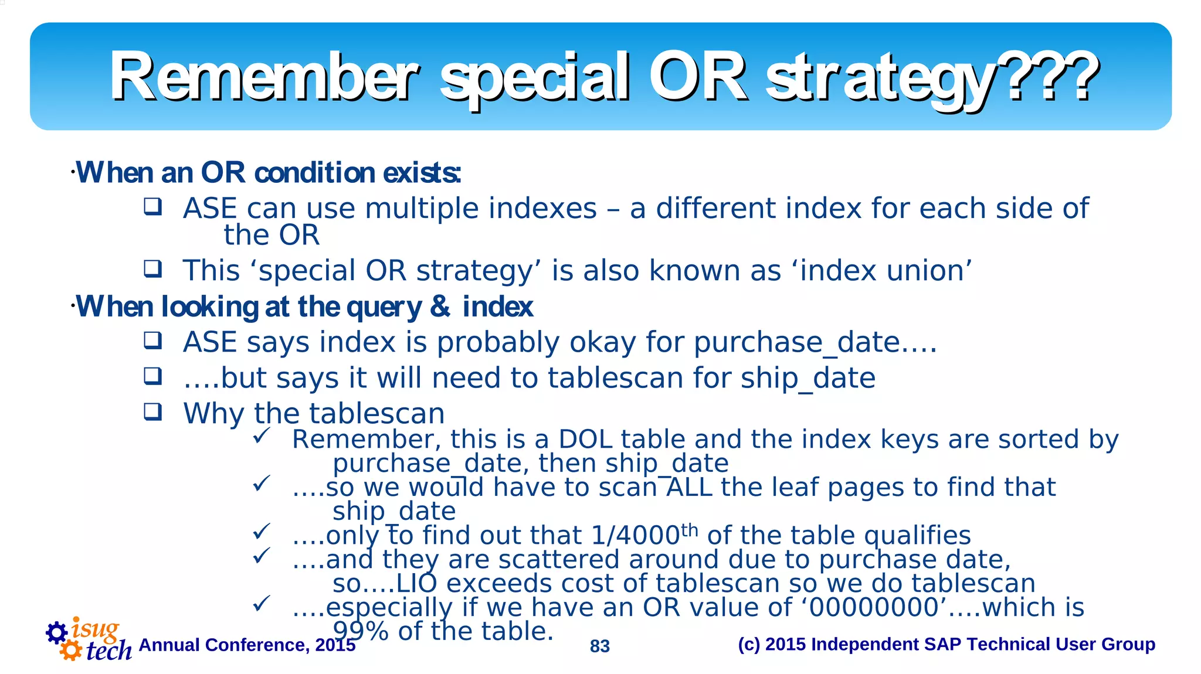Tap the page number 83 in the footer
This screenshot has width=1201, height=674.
599,646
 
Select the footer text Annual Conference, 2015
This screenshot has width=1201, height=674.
247,645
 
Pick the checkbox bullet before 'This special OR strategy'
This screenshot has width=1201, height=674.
153,269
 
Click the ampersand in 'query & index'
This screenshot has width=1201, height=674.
440,307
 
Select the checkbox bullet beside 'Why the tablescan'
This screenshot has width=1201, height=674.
153,412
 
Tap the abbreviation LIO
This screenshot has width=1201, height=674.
416,584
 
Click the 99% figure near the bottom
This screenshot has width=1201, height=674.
361,631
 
